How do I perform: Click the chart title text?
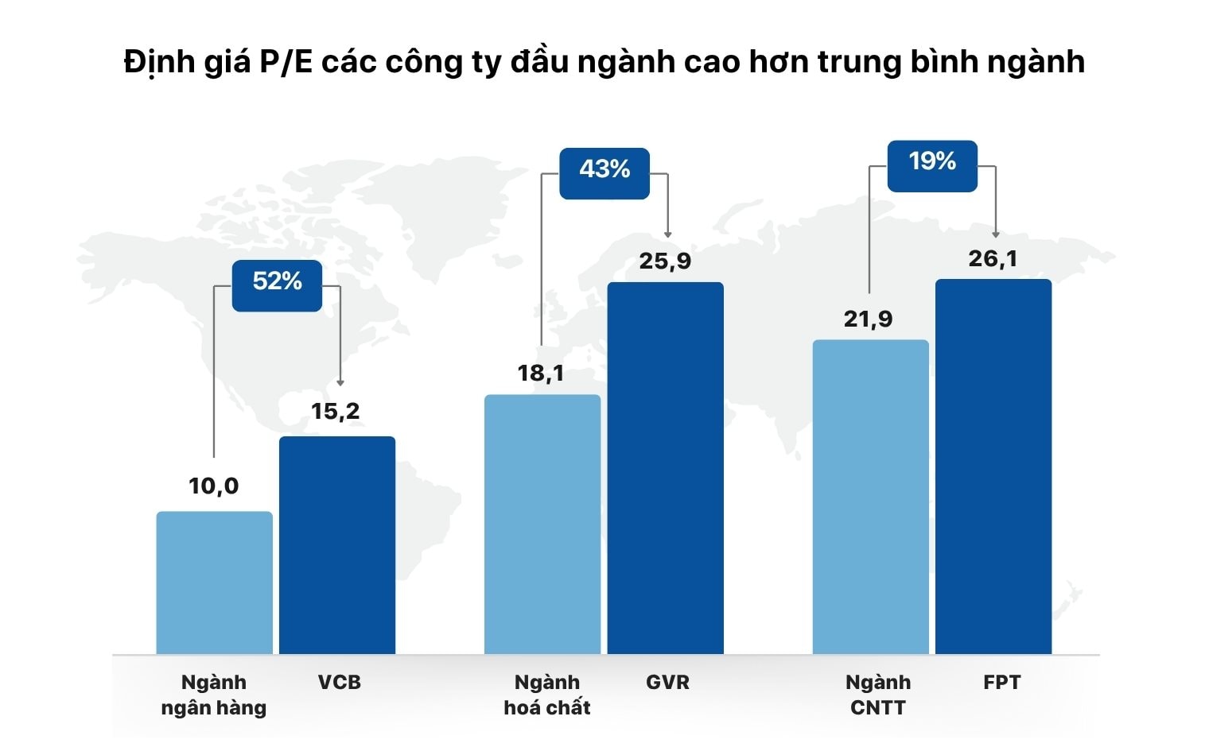tap(604, 62)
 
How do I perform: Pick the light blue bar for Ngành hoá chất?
tap(542, 525)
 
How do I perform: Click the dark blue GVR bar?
tap(666, 468)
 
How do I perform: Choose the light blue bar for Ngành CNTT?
tap(870, 497)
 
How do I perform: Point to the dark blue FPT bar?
tap(993, 467)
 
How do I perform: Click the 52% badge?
tap(277, 281)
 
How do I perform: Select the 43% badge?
tap(604, 169)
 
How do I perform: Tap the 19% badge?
tap(932, 162)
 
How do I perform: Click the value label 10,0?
tap(213, 486)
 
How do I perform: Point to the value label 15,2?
tap(335, 411)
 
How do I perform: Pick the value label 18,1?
tap(541, 373)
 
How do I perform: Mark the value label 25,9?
tap(665, 261)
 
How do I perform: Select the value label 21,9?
tap(868, 319)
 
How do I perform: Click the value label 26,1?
tap(993, 258)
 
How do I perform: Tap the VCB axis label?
tap(339, 682)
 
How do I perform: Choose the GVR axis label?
tap(667, 682)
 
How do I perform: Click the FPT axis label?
tap(1001, 682)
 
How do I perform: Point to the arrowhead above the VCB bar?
tap(340, 382)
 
